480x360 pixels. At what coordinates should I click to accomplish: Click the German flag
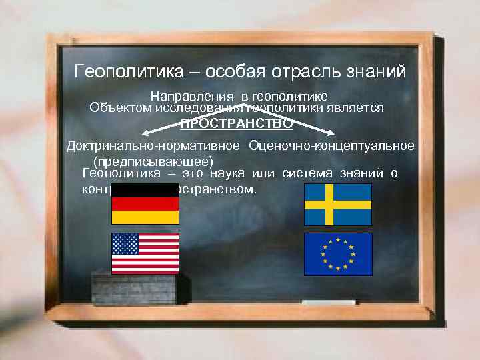(x=145, y=203)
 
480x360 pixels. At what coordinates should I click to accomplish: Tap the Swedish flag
(x=338, y=203)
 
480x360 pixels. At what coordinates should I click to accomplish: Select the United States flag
(x=145, y=253)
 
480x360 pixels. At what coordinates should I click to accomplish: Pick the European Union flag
(x=338, y=253)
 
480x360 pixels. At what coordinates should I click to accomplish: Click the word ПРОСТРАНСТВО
(x=237, y=123)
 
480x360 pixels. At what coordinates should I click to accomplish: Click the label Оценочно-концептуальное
(x=331, y=145)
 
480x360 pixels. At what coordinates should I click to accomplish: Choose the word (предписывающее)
(x=153, y=161)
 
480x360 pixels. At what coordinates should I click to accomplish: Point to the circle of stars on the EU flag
(x=338, y=253)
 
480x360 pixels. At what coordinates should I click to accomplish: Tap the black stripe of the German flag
(x=145, y=190)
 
